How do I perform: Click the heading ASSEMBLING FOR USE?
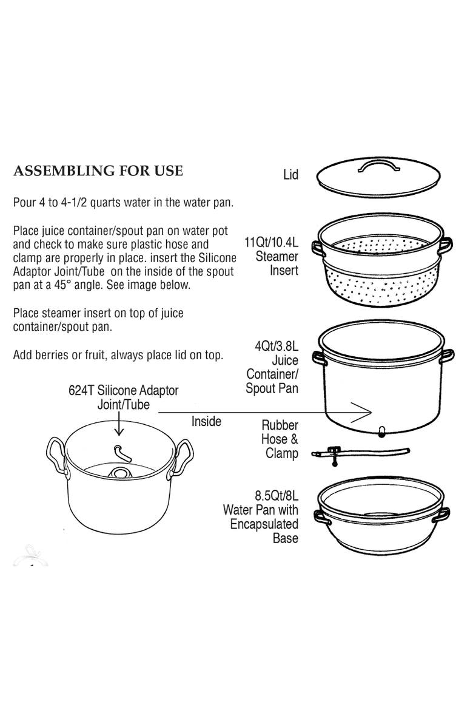point(98,171)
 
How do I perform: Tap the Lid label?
point(290,175)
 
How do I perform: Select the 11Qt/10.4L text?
point(272,242)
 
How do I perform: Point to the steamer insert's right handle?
point(446,245)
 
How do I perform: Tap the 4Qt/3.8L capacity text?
point(277,347)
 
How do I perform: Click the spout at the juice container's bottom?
point(382,432)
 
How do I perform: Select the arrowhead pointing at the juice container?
point(361,412)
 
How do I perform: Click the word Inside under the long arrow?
point(206,422)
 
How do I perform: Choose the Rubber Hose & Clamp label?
point(280,439)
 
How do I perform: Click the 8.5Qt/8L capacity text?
point(277,496)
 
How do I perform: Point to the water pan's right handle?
point(441,515)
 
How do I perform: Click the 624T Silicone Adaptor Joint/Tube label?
point(124,397)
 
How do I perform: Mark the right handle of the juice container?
point(447,356)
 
